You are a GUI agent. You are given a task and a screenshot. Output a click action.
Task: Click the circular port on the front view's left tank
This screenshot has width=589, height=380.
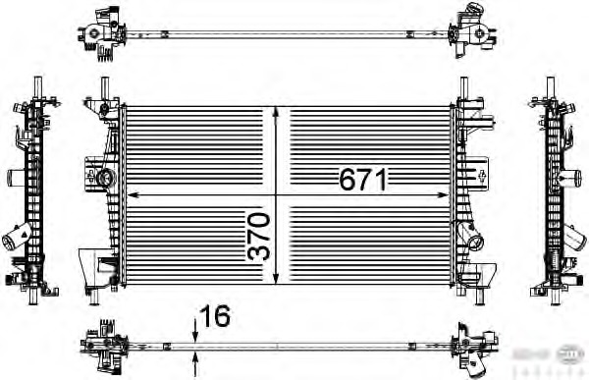pos(105,178)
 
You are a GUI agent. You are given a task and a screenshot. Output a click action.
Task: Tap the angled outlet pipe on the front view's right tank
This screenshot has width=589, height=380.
pos(475,241)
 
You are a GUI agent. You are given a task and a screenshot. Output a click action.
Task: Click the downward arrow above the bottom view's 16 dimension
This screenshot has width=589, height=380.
pos(196,335)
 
